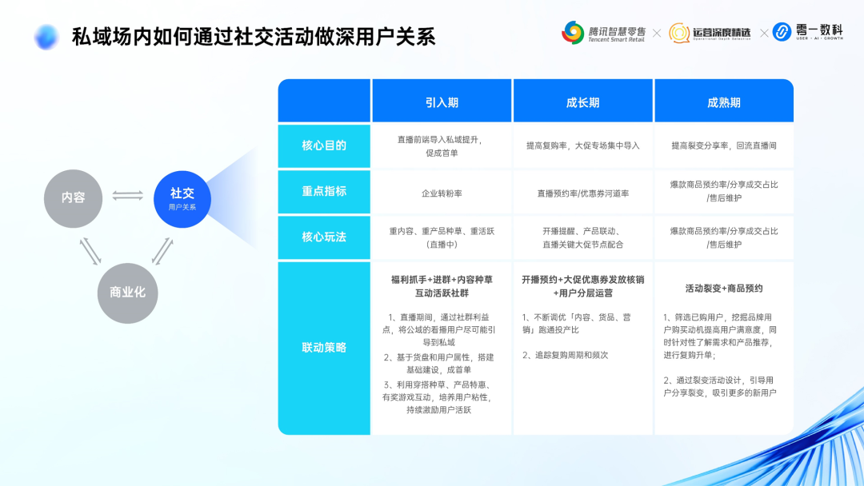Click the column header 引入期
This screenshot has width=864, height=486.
tap(442, 102)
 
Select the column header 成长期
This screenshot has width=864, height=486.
tap(582, 102)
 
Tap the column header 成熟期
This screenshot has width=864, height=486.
tap(723, 102)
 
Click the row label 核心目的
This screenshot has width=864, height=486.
tap(324, 145)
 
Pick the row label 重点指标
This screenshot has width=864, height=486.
tap(324, 191)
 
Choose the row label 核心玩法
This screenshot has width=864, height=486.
tap(324, 237)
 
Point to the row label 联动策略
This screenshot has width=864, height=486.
tap(324, 348)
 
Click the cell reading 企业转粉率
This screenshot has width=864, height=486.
tap(442, 193)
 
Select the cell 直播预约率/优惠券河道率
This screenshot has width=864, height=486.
tap(582, 193)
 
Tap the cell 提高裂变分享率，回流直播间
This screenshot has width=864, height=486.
tap(723, 145)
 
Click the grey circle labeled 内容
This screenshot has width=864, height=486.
tap(74, 197)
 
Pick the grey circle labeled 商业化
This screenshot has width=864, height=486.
tap(127, 293)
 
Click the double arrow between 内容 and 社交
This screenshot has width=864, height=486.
tap(128, 195)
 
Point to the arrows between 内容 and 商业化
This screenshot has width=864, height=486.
tap(90, 250)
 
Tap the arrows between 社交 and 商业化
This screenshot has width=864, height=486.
tap(162, 250)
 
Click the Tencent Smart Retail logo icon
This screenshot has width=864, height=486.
tap(573, 33)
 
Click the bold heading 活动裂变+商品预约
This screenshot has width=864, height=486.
tap(723, 288)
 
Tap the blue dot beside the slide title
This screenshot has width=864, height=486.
tap(46, 36)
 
